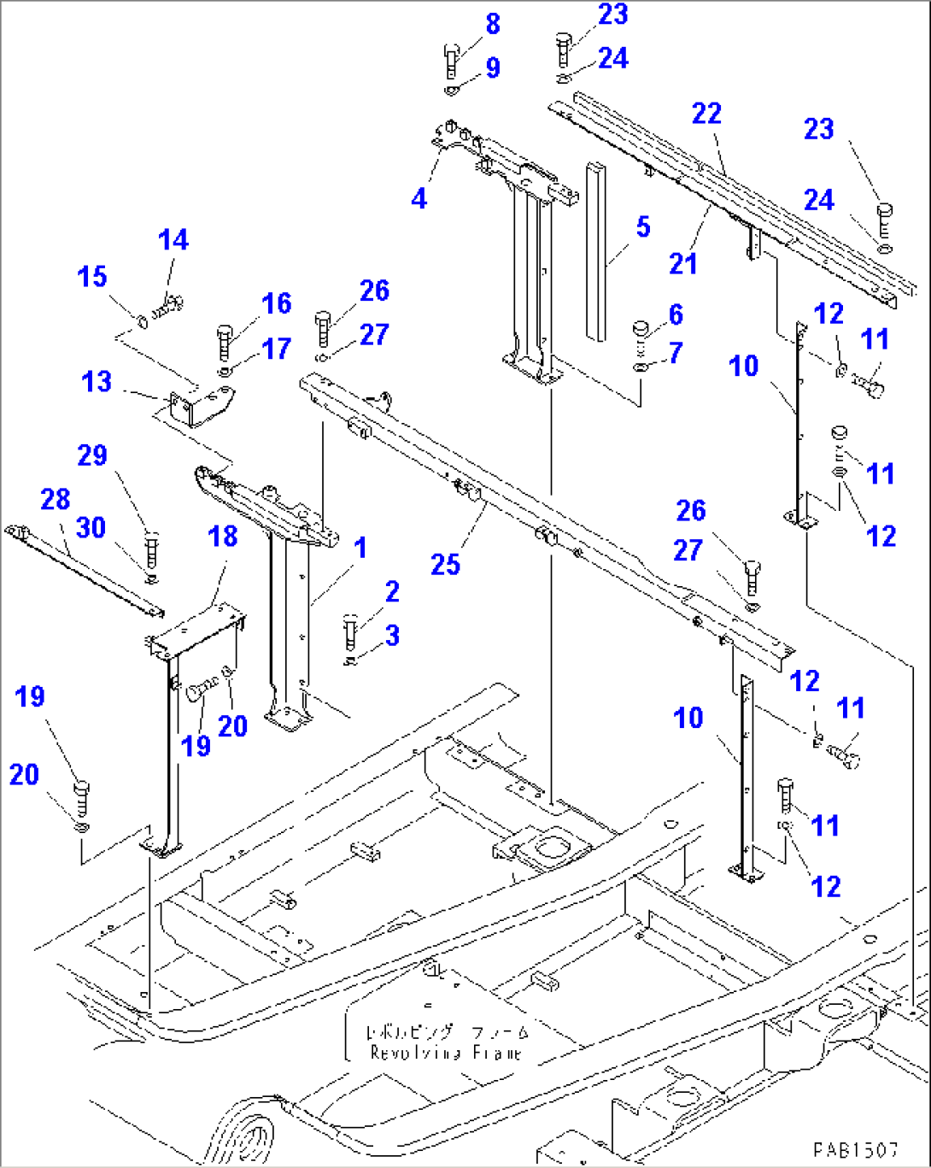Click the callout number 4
pos(419,198)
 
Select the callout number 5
pos(643,226)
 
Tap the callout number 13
pos(97,381)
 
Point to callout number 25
pos(445,564)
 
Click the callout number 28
pos(56,499)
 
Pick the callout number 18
pos(223,537)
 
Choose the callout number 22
pos(706,114)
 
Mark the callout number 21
pos(683,264)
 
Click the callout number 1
pos(360,548)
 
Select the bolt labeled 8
pos(452,61)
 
